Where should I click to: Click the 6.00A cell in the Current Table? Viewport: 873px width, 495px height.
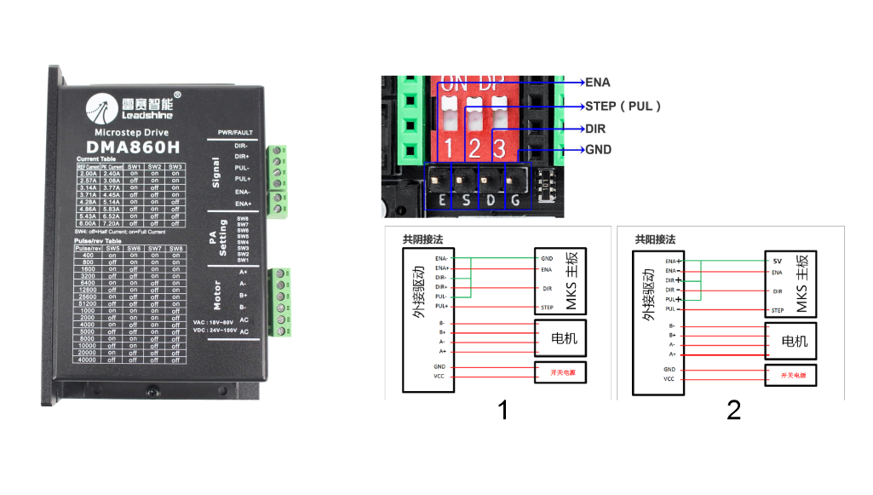click(89, 222)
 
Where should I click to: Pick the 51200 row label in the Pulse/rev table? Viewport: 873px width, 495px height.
click(89, 302)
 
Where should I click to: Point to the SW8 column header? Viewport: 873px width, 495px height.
click(175, 247)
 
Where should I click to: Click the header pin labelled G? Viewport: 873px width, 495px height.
click(515, 181)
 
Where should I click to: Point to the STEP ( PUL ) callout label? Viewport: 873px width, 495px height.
click(623, 106)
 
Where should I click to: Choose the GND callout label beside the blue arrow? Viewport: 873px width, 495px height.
click(599, 150)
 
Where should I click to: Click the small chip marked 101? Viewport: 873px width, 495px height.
click(546, 184)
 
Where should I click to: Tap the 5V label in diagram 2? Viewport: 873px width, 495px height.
click(777, 261)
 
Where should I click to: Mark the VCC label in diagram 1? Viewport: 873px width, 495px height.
click(439, 376)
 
